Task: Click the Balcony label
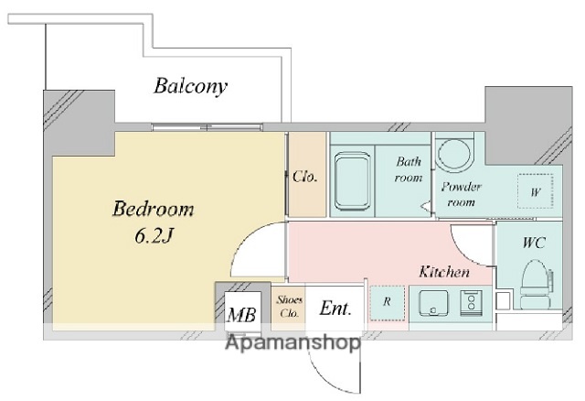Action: [190, 86]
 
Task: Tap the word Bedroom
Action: [154, 209]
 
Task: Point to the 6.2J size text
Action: [154, 236]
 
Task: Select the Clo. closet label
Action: [305, 177]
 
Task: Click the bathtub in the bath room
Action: [352, 181]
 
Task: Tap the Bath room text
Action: [409, 169]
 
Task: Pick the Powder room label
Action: [461, 194]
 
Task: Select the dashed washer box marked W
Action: [536, 191]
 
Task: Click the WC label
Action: [534, 243]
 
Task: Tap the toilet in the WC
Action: [536, 284]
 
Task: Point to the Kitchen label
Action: [444, 272]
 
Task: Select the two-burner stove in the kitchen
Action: [472, 303]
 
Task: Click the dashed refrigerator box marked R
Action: [387, 303]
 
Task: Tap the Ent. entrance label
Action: [335, 309]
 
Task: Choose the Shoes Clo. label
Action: [289, 307]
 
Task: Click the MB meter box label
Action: [241, 315]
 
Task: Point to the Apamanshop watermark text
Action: [293, 343]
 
